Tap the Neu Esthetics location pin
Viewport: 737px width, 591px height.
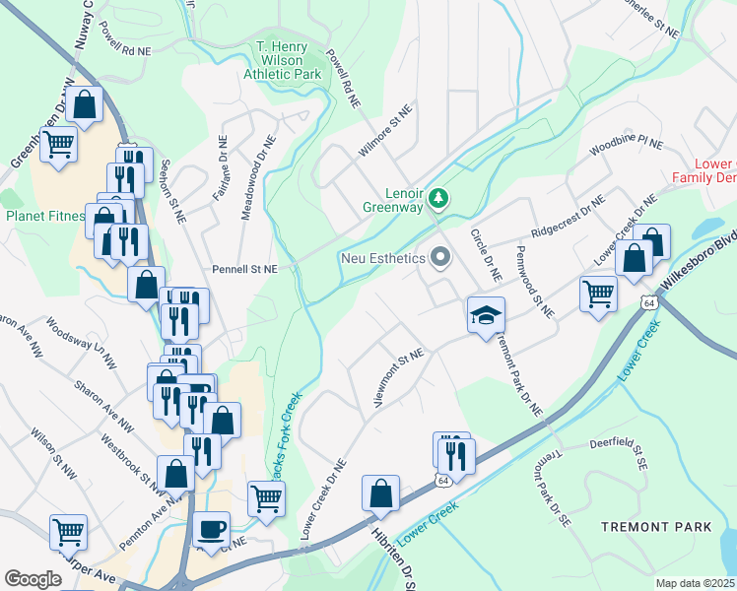click(439, 258)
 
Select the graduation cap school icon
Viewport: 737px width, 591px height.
click(485, 316)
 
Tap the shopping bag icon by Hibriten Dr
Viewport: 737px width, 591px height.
click(380, 493)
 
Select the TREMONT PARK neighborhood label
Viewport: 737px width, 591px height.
click(656, 527)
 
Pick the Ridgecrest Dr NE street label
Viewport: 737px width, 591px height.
click(567, 220)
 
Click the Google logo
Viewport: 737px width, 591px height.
click(33, 579)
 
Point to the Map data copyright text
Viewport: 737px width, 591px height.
click(695, 583)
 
